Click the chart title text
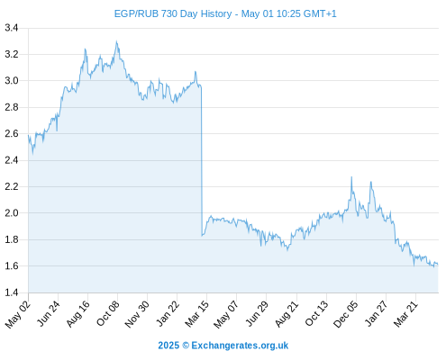tap(225, 13)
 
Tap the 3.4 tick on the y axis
tap(12, 28)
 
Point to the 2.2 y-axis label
tap(12, 186)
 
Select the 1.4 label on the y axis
tap(12, 292)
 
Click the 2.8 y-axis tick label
tap(12, 107)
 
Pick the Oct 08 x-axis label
tap(108, 313)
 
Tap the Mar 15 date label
tap(196, 313)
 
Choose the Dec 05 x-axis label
tap(346, 313)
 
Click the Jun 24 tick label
tap(49, 313)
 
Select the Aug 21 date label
tap(287, 313)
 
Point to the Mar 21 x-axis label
tap(405, 313)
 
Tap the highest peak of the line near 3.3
tap(116, 41)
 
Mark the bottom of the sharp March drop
tap(202, 236)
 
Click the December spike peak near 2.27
tap(351, 177)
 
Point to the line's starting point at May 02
tap(28, 135)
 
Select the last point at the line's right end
tap(438, 265)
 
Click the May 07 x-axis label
tap(226, 313)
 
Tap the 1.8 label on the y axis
tap(12, 239)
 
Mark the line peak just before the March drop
tap(196, 71)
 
